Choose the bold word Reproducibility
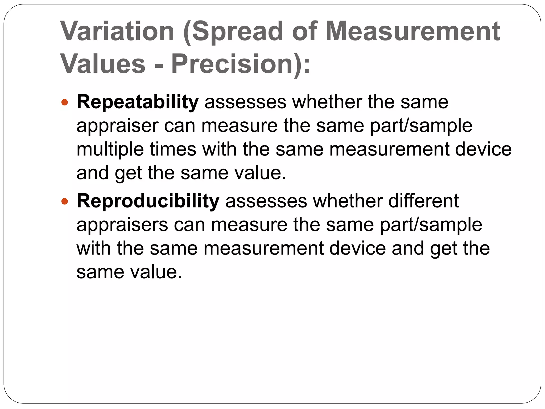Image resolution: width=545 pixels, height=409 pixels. (148, 201)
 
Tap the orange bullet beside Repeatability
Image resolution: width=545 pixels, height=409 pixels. (65, 102)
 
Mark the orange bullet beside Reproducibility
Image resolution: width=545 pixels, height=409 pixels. (65, 201)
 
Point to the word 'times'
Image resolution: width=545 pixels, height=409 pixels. (173, 149)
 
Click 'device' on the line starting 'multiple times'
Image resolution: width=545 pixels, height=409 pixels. (483, 149)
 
